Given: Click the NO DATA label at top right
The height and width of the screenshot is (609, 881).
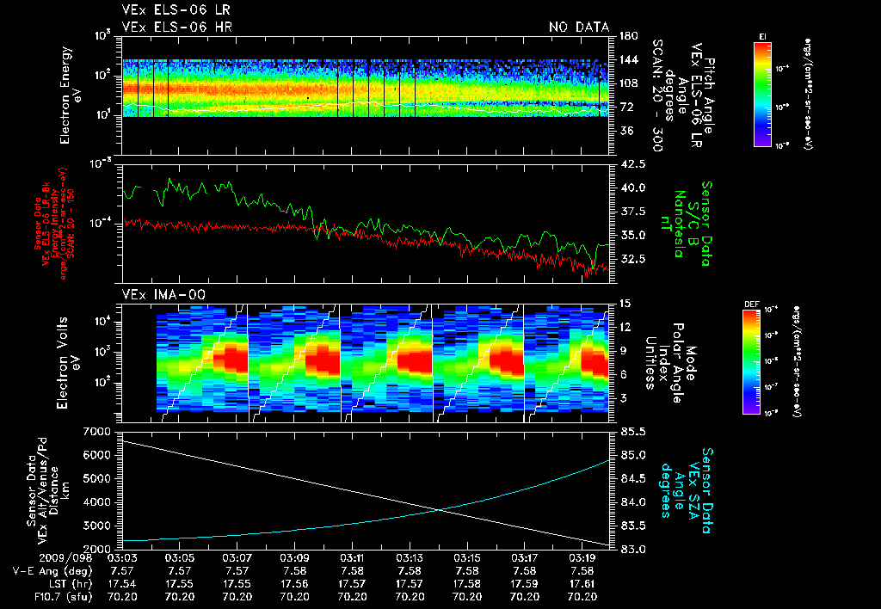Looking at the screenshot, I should [x=578, y=28].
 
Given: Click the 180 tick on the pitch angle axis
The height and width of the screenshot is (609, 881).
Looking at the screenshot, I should [x=626, y=36].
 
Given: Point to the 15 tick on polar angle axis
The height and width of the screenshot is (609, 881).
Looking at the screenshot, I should [x=626, y=304].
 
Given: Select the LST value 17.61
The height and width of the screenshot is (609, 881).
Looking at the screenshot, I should [x=582, y=582].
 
